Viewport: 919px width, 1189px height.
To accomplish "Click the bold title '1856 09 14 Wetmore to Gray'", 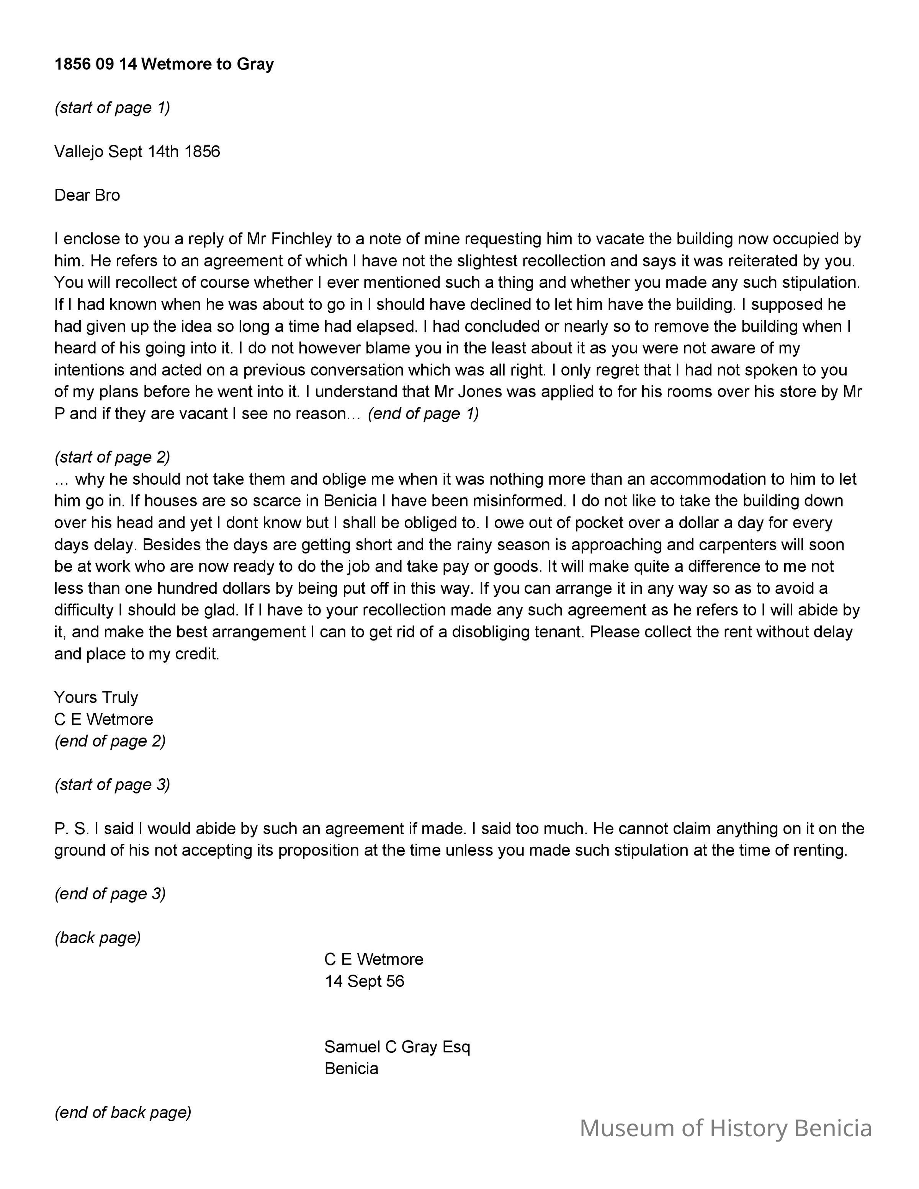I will coord(164,64).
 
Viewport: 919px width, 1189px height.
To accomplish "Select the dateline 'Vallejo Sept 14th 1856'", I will coord(137,151).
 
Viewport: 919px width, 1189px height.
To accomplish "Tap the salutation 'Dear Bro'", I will coord(87,195).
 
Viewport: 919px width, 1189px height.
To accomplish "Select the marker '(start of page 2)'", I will coord(112,457).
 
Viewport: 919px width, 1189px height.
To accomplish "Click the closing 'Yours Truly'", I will coord(96,697).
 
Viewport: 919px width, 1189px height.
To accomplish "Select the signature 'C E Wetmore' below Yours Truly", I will coord(103,719).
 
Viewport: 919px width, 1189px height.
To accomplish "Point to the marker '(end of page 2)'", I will coord(110,741).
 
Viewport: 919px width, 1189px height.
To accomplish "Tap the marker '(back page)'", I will coord(98,937).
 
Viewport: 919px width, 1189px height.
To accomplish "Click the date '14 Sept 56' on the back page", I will coord(364,981).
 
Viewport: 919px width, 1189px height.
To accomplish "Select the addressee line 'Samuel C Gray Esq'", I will coord(397,1046).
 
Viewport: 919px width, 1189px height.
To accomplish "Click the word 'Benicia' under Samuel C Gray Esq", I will coord(351,1068).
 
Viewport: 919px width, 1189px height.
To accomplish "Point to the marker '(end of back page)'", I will coord(123,1112).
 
